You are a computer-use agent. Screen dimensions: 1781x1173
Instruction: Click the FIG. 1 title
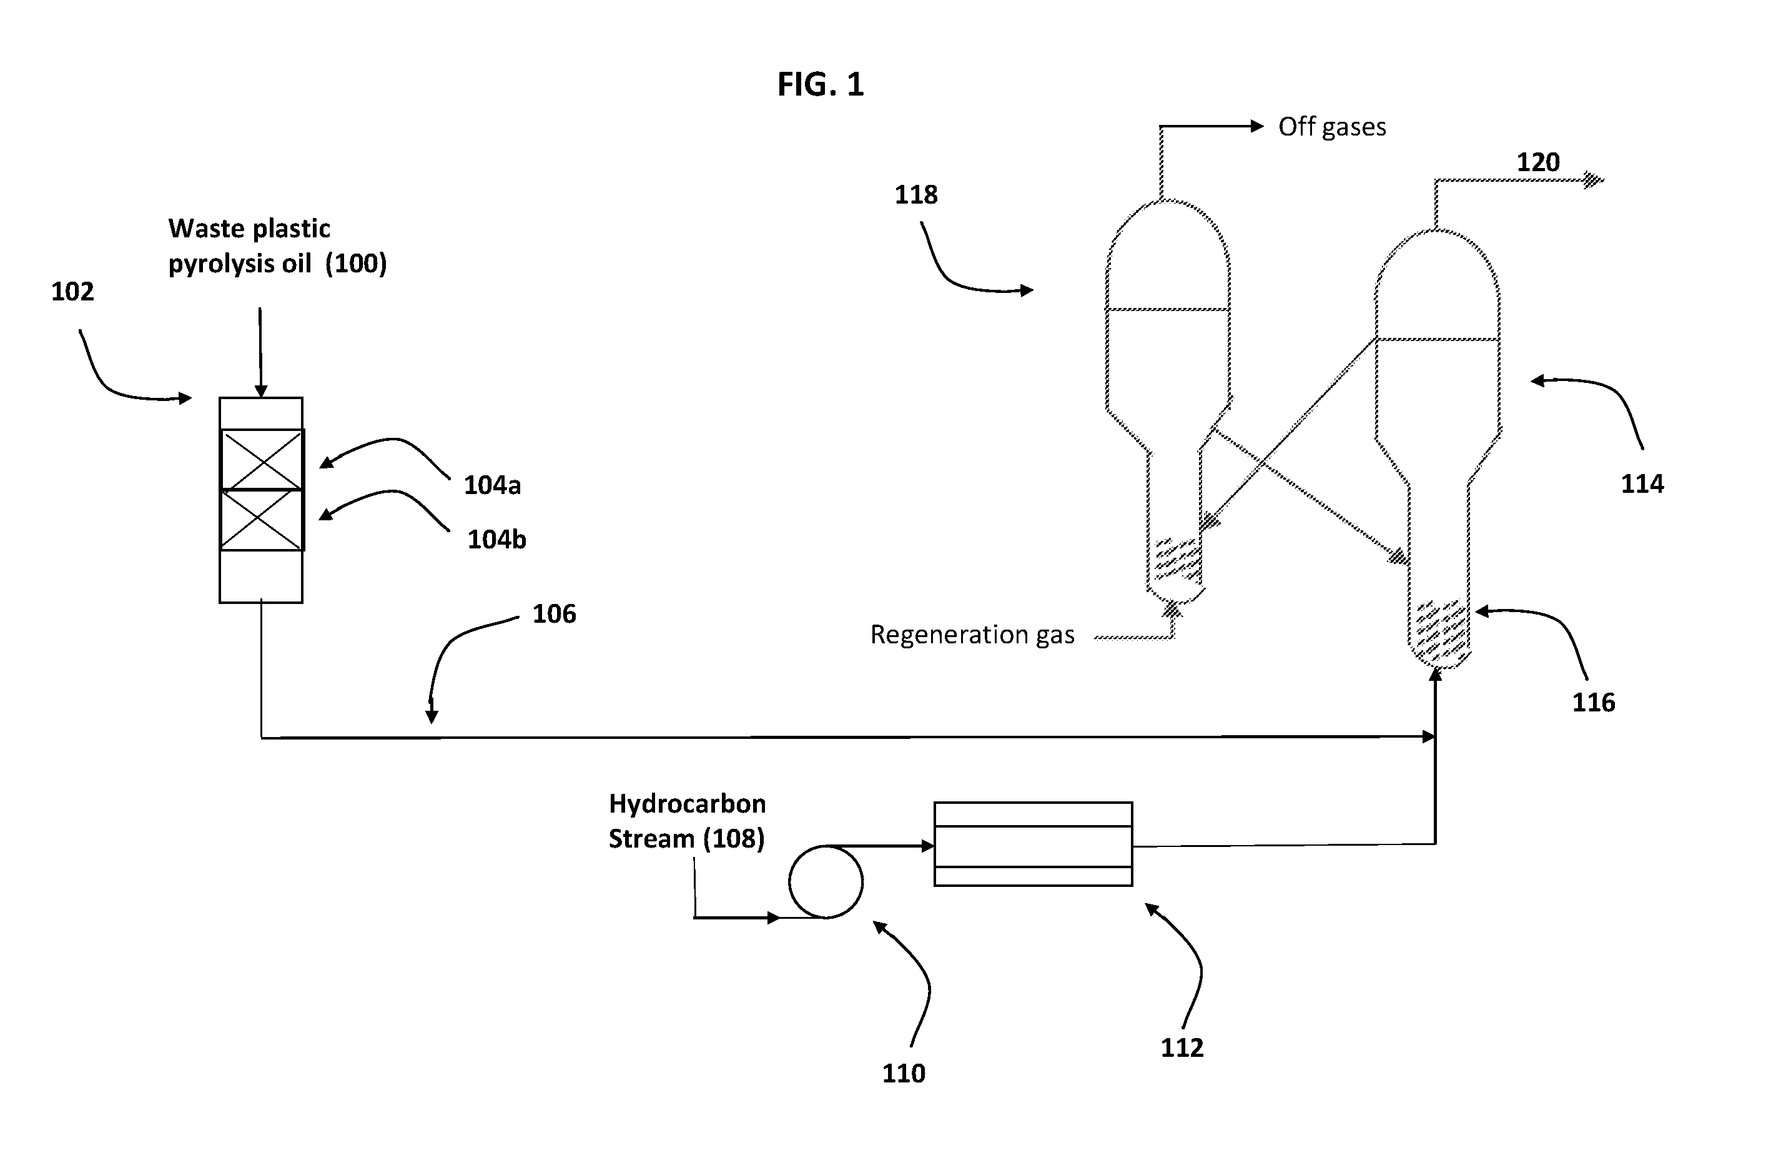(x=821, y=84)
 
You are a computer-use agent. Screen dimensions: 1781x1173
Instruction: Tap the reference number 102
(x=72, y=291)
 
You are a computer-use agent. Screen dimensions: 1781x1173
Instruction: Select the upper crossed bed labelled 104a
(x=262, y=459)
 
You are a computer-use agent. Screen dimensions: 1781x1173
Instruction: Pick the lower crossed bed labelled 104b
(x=262, y=520)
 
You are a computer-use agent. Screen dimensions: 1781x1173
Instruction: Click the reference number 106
(x=554, y=614)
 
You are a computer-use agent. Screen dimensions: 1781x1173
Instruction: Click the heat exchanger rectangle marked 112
(x=1034, y=844)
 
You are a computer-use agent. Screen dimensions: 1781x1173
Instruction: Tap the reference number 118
(x=916, y=195)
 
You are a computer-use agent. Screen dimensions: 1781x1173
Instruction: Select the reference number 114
(x=1642, y=483)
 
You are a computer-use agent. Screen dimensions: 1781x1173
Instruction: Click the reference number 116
(x=1593, y=702)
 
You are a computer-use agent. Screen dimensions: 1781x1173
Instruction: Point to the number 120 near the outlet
(x=1538, y=162)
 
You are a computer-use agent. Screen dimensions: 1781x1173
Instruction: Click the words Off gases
(x=1332, y=127)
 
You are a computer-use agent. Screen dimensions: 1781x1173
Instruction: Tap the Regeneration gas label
(x=972, y=635)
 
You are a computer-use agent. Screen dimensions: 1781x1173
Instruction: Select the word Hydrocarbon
(x=687, y=803)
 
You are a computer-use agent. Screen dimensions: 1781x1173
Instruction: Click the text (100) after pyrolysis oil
(x=355, y=264)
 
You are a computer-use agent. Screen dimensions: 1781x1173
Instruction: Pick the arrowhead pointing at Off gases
(x=1257, y=127)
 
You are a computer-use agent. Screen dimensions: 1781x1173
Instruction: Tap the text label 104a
(x=491, y=485)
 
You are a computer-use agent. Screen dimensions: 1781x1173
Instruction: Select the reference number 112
(x=1182, y=1047)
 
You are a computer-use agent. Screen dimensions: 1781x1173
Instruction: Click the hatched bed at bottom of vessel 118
(x=1178, y=559)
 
